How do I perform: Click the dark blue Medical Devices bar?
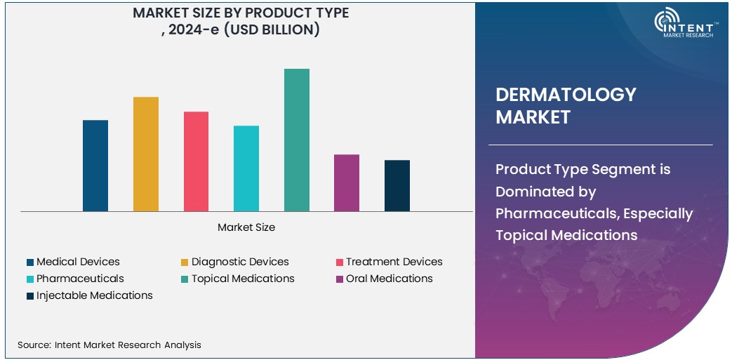(x=95, y=166)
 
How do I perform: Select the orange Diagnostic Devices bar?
(x=146, y=154)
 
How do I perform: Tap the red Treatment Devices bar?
(x=196, y=161)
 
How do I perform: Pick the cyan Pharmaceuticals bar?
(x=246, y=168)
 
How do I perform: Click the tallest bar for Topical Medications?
(x=296, y=140)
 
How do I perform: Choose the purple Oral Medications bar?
(x=347, y=182)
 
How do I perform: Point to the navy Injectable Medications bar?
(x=397, y=185)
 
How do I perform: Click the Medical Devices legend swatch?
(x=30, y=262)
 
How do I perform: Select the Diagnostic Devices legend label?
(x=240, y=262)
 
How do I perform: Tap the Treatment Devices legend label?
(x=394, y=262)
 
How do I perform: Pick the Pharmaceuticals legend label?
(x=80, y=279)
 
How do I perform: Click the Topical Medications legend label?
(x=243, y=279)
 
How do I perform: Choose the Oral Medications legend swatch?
(x=340, y=279)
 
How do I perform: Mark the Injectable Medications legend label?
(x=95, y=295)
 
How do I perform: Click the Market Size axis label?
(x=246, y=227)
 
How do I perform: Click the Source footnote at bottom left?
(x=109, y=345)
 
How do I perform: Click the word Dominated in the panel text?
(x=533, y=191)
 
